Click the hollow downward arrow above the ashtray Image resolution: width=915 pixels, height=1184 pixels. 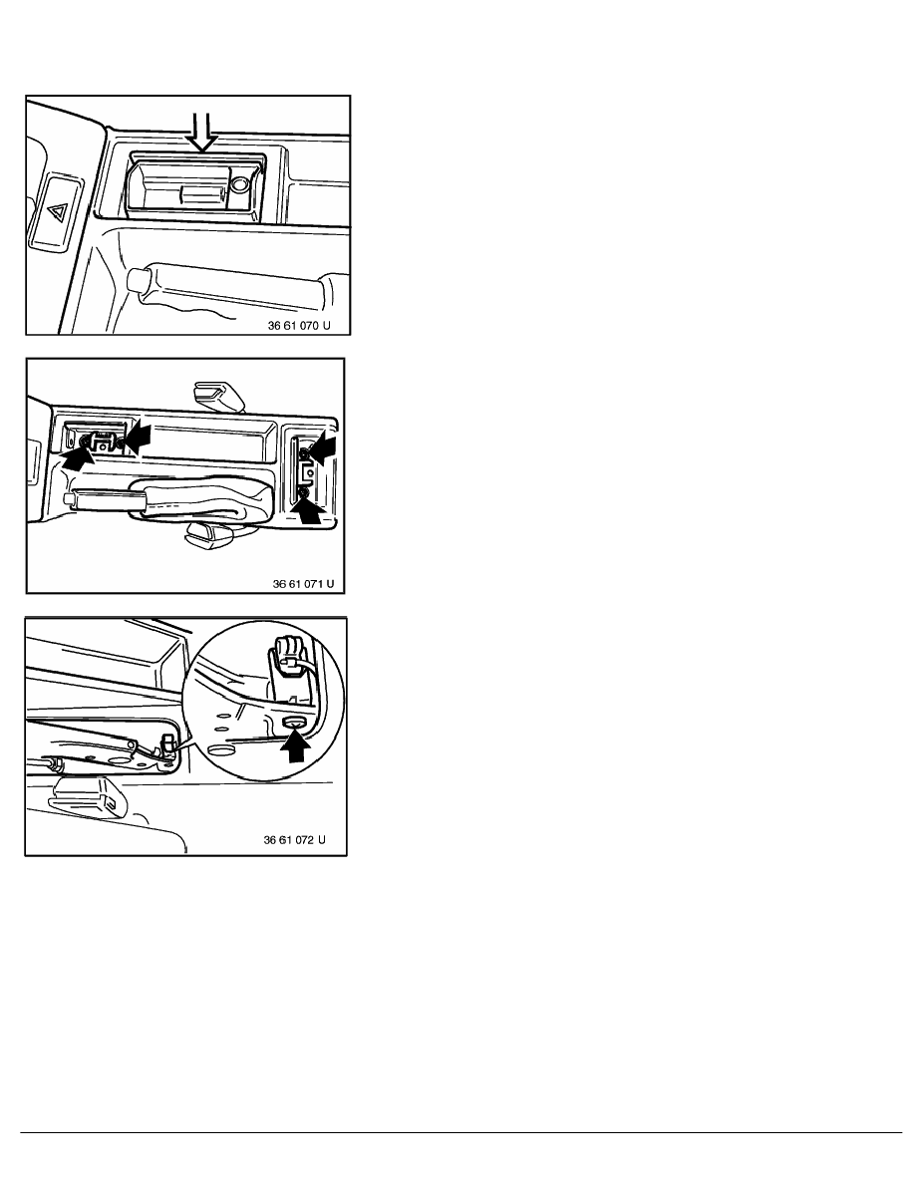pos(202,133)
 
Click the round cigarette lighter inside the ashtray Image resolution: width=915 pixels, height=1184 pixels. pos(240,184)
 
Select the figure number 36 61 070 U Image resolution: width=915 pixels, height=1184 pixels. pos(299,326)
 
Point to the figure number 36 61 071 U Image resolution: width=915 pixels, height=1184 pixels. pos(303,584)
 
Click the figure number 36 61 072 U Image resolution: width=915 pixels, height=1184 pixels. pos(294,840)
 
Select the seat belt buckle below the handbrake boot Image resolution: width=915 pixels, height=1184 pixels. pos(206,533)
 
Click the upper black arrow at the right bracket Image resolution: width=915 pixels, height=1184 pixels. pos(321,447)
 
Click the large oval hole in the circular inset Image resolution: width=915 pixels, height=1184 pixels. pos(220,750)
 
